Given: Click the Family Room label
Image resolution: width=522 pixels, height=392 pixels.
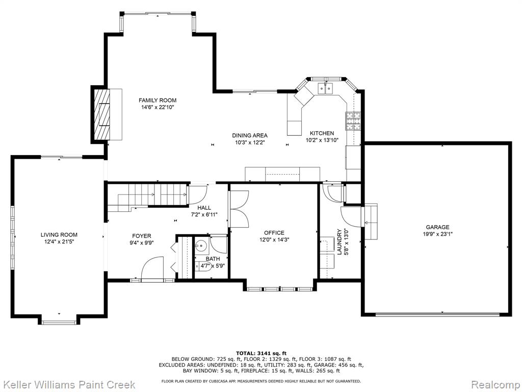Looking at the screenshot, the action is point(158,101).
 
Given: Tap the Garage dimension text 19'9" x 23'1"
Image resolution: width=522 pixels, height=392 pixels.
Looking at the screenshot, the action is point(438,234).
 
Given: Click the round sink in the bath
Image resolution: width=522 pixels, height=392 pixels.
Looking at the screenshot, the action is point(201,246).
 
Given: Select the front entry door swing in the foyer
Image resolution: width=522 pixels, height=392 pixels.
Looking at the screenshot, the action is point(152,267).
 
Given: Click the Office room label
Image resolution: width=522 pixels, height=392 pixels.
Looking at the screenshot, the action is point(274,233).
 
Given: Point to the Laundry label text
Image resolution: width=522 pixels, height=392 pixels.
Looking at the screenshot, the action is point(340,241).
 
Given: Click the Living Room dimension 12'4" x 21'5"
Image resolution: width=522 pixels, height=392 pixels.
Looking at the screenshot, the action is point(59,241).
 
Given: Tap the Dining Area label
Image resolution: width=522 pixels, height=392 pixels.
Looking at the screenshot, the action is point(250,135).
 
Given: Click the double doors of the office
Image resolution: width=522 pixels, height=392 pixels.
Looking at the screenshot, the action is point(239,209).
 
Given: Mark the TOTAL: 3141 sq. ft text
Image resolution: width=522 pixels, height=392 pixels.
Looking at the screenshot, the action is point(261,353).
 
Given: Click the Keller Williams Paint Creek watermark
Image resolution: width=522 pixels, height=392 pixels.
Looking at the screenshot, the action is point(68,384).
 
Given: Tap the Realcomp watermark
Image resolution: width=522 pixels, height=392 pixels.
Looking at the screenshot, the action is point(495,385).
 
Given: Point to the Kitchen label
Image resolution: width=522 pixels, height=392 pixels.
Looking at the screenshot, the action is point(322,133).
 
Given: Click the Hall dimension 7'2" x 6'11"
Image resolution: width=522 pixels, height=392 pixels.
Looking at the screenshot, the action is point(204,215).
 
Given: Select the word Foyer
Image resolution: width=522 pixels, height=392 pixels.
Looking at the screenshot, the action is point(142,236).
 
